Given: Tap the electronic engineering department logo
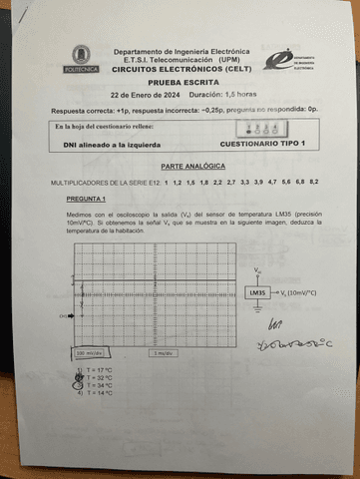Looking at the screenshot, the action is [x=288, y=60].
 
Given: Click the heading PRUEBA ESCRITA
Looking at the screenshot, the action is [x=180, y=83].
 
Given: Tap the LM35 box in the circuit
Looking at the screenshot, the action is [x=257, y=292].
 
